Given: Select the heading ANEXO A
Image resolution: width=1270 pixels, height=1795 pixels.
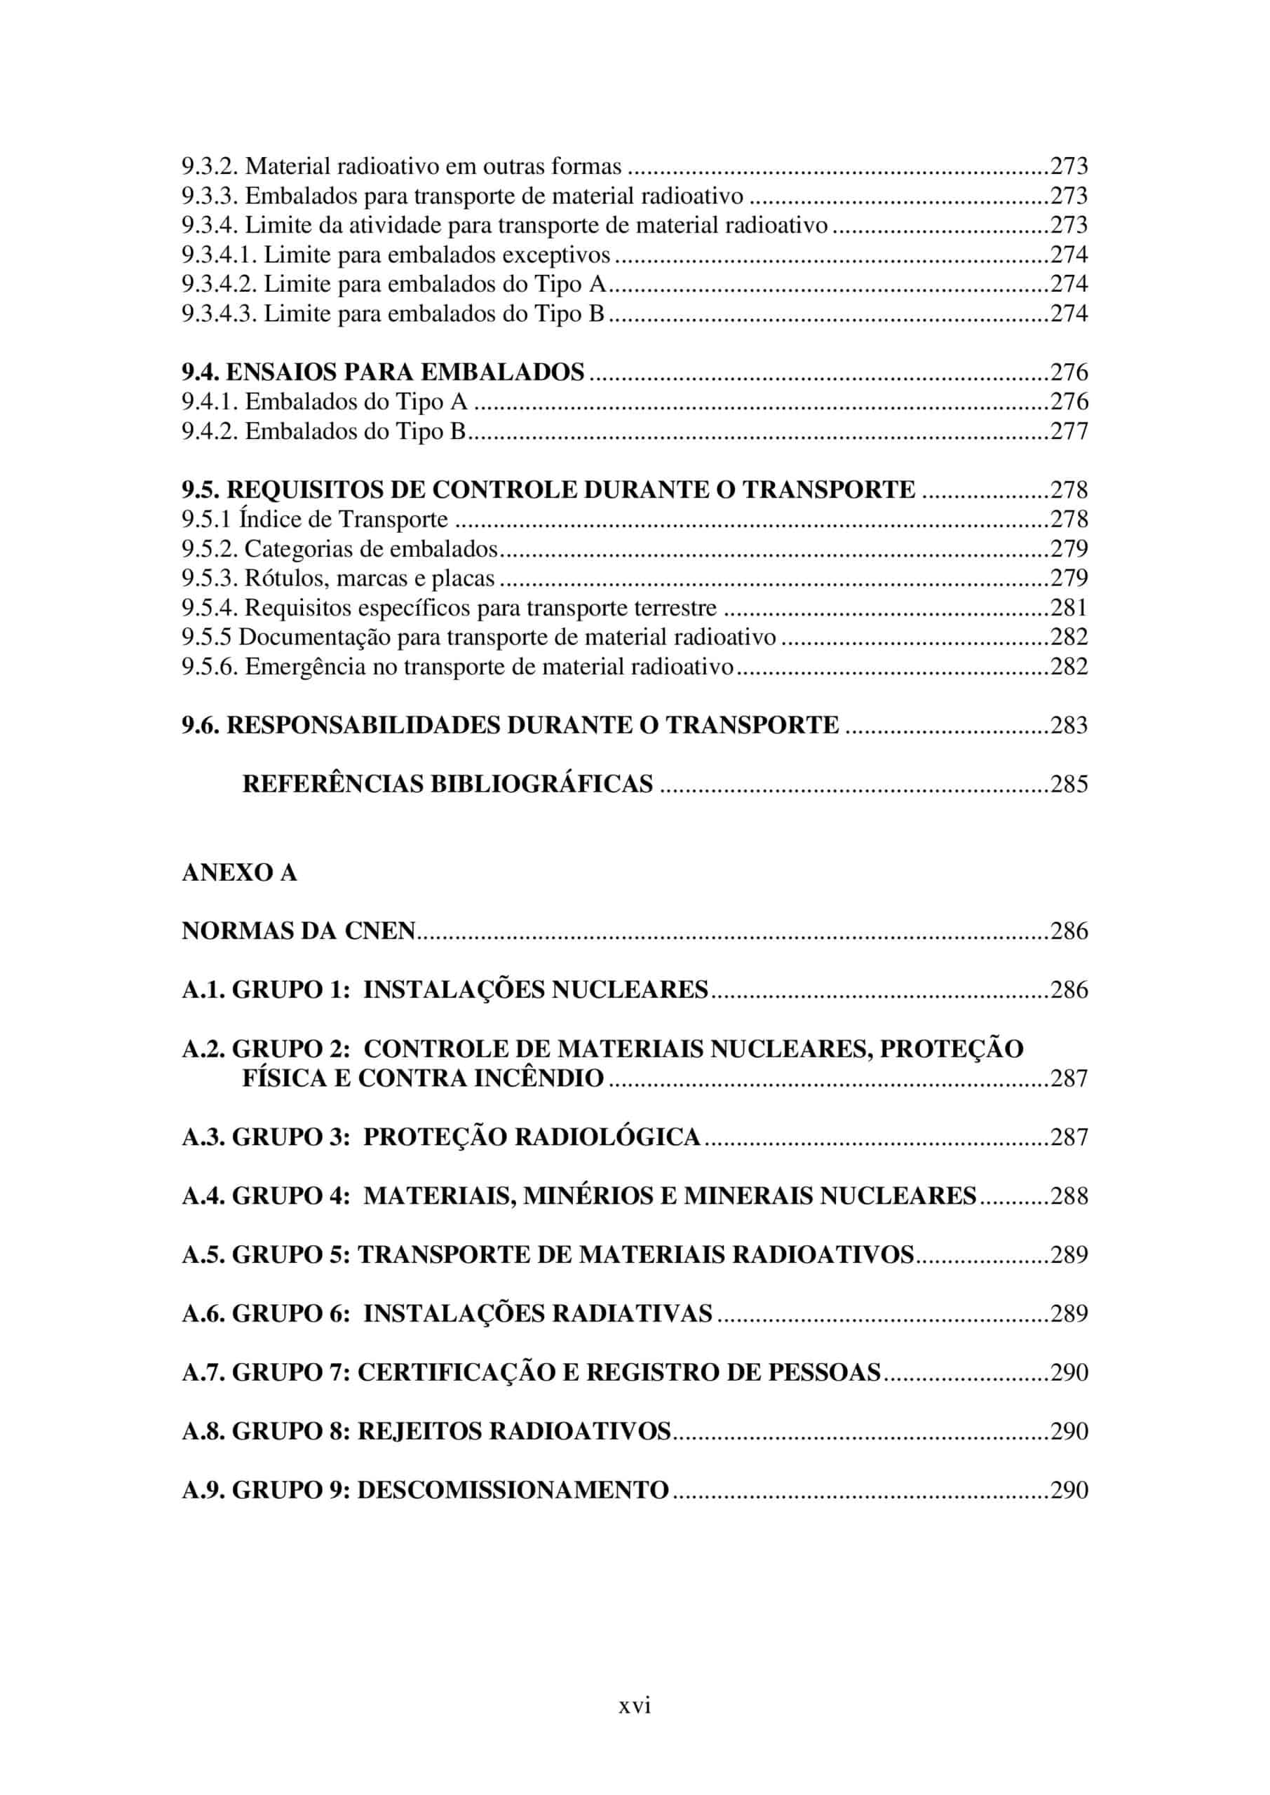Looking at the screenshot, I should [239, 872].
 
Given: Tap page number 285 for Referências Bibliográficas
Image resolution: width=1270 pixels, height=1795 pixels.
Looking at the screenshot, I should [1069, 784].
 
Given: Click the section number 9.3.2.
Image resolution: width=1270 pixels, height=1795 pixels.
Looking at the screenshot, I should [210, 166].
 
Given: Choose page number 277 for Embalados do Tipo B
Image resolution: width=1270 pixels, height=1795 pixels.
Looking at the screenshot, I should [1069, 431].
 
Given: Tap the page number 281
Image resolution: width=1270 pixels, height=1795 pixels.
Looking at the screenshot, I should [1069, 607].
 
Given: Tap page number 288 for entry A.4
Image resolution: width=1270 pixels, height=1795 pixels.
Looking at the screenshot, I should [1069, 1196].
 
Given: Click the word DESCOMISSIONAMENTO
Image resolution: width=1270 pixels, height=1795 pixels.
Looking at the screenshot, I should [513, 1489].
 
